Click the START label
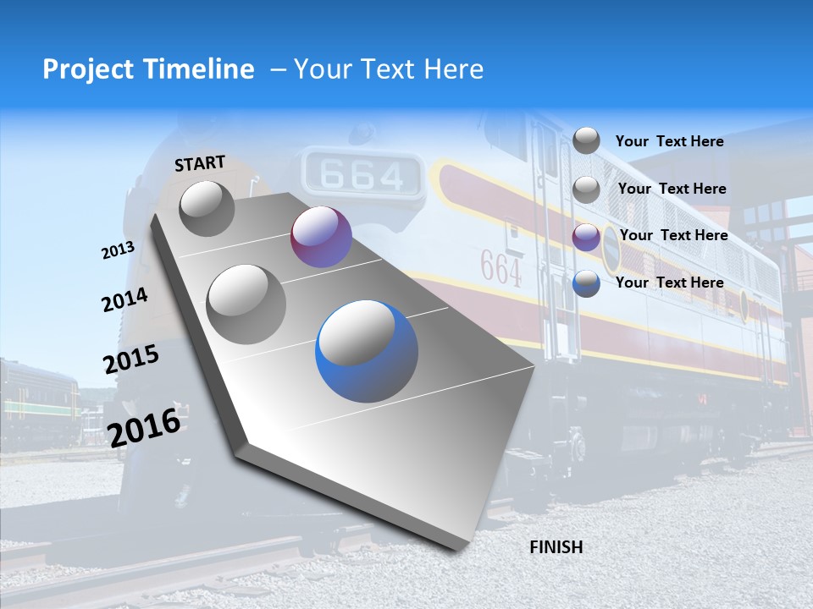[200, 163]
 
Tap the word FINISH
[556, 547]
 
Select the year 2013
[118, 250]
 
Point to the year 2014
[124, 300]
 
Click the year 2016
[144, 426]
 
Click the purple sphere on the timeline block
[321, 237]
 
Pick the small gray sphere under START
[207, 208]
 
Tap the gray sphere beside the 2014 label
[246, 304]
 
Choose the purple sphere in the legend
[586, 238]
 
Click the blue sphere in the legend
[586, 284]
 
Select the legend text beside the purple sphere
[673, 235]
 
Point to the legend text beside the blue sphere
[669, 283]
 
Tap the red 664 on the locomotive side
[501, 268]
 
